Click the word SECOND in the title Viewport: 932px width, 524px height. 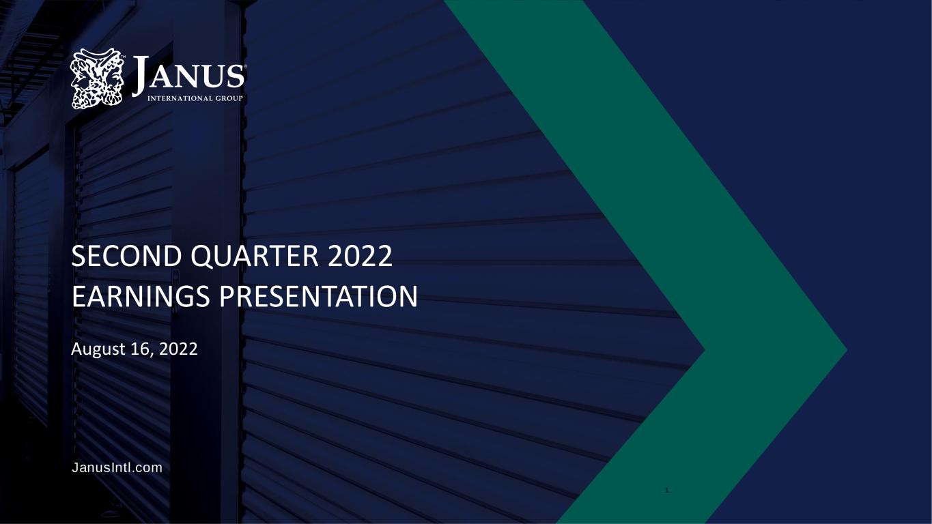(126, 256)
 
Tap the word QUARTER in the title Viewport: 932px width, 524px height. (255, 257)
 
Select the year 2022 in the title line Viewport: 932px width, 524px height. (360, 256)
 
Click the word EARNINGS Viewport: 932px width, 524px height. (141, 297)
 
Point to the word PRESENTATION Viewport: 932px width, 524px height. (318, 297)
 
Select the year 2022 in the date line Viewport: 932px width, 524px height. (178, 349)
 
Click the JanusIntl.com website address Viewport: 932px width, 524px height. (117, 467)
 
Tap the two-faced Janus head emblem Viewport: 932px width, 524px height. (97, 78)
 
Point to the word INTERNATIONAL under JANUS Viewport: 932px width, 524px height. (180, 98)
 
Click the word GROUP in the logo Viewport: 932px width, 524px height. (229, 98)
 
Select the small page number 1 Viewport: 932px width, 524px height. (666, 491)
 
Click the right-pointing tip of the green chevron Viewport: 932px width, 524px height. (847, 350)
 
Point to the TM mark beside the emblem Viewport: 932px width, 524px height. (123, 56)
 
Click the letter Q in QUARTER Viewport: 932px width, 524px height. (202, 257)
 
